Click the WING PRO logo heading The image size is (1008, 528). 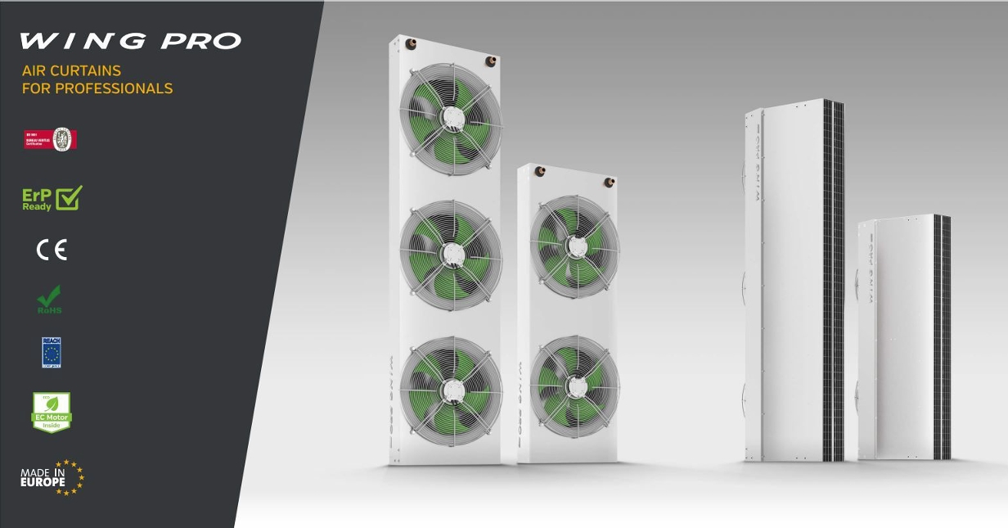tap(130, 41)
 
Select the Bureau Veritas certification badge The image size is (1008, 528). tap(51, 139)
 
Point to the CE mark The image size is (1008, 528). tap(52, 250)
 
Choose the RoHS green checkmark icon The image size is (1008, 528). tap(51, 300)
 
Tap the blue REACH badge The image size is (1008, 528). tap(52, 352)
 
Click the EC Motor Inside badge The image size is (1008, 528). tap(52, 413)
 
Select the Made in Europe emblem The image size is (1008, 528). tap(52, 477)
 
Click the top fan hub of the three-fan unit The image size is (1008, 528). tap(449, 119)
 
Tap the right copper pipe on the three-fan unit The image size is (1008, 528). tap(490, 60)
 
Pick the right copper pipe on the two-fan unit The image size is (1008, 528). tap(609, 181)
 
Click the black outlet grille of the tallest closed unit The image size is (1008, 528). tap(834, 278)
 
